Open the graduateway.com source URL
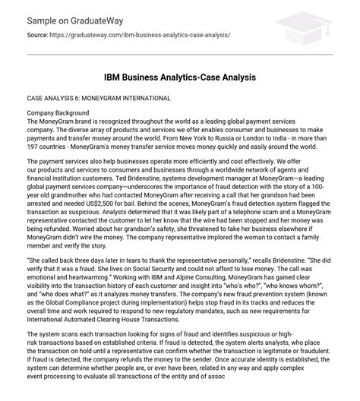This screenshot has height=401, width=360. point(138,36)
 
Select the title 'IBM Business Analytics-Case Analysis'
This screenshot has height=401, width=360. point(180,77)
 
